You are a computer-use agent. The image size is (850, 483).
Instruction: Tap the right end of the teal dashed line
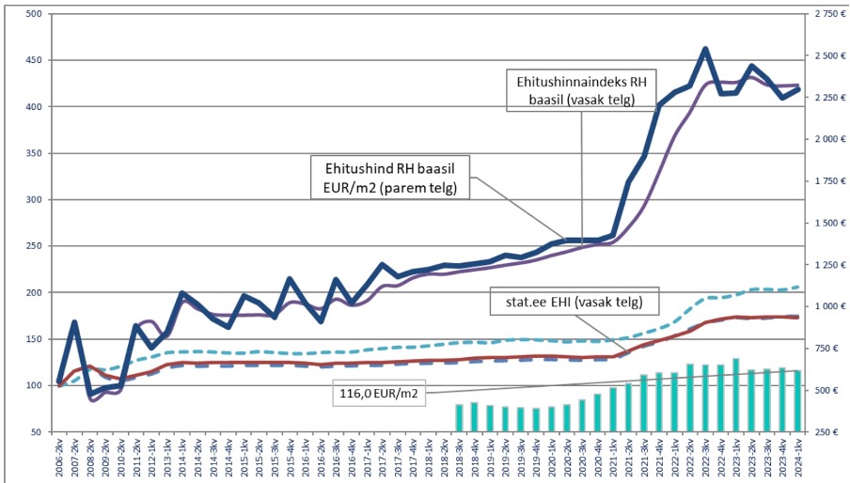(799, 287)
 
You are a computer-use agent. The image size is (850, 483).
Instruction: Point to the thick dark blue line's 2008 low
(91, 393)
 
